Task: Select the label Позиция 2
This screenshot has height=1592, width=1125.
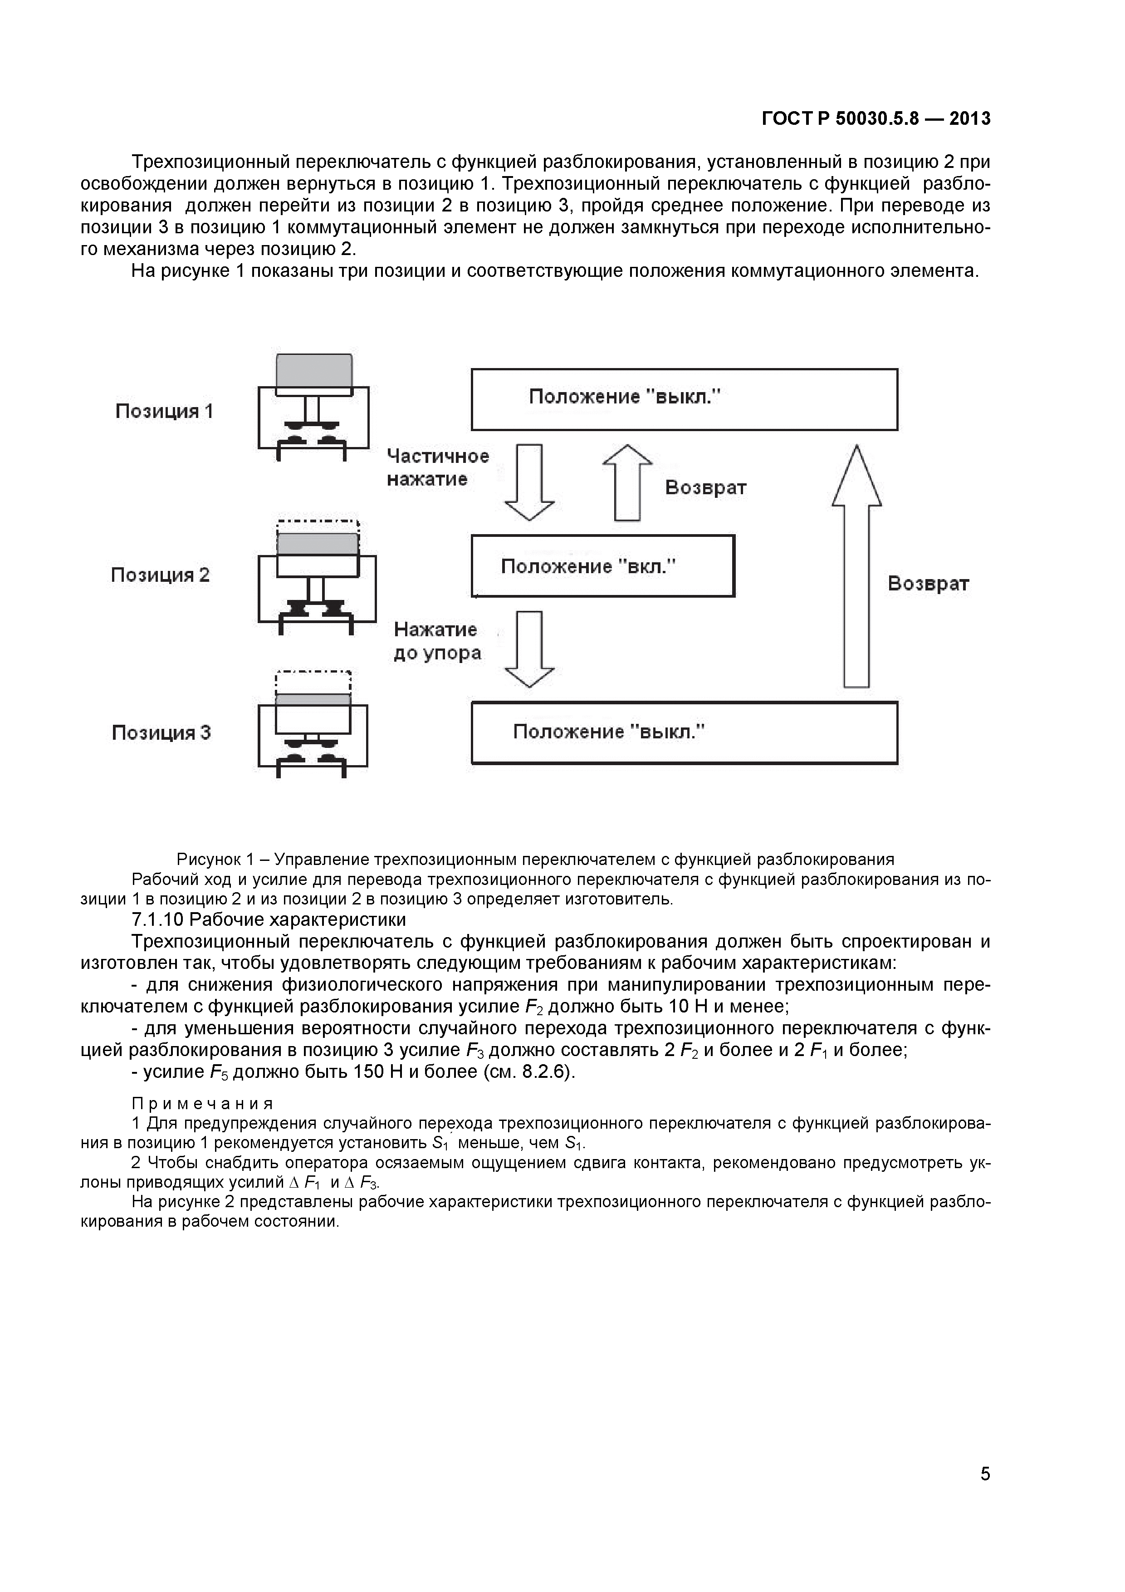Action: [160, 575]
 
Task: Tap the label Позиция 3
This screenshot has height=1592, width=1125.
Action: [161, 733]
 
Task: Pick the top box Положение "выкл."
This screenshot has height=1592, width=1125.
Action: [684, 399]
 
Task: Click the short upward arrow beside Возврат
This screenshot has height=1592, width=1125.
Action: [627, 482]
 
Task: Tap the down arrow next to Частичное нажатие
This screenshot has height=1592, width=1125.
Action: [529, 482]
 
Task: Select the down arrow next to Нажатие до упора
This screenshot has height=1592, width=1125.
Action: [529, 649]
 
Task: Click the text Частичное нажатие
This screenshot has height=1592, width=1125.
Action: [437, 467]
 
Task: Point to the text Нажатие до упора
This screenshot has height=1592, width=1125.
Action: [437, 641]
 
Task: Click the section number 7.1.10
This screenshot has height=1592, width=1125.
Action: [157, 919]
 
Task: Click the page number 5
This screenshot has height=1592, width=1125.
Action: [985, 1493]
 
